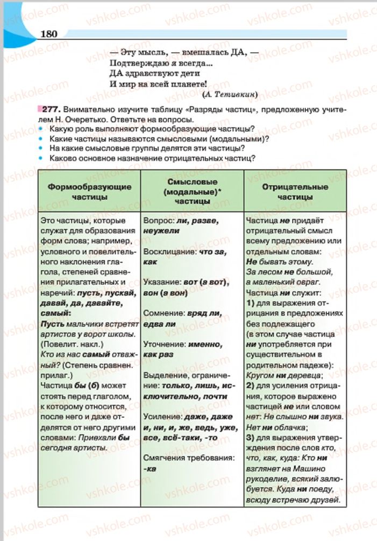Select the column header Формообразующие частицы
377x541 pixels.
point(89,192)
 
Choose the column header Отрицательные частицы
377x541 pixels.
point(295,192)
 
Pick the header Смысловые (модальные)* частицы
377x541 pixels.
point(192,192)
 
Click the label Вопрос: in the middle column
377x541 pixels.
point(158,221)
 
